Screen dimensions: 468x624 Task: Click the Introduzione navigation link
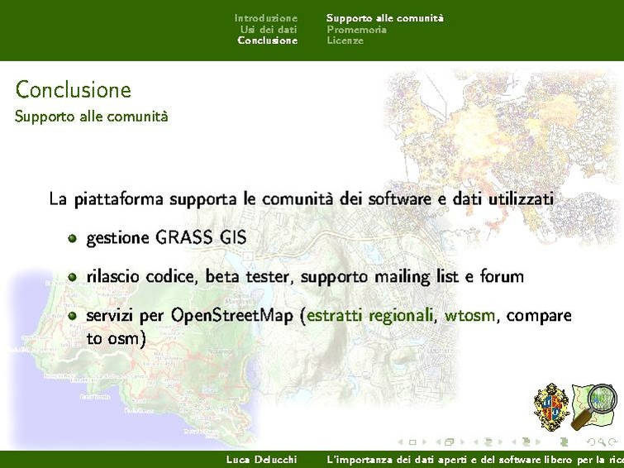(265, 17)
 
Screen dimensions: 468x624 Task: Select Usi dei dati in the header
(269, 29)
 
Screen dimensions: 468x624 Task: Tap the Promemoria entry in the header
(356, 29)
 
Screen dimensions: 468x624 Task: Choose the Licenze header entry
(345, 41)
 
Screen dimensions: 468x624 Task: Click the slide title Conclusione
(73, 89)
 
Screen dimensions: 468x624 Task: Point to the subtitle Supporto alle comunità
(91, 117)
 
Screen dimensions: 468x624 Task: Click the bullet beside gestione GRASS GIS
(73, 238)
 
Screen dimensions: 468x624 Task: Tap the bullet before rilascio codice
(73, 277)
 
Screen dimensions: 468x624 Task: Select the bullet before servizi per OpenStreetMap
(73, 316)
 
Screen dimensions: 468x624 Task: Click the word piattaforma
(118, 199)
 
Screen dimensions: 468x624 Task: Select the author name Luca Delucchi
(261, 459)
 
